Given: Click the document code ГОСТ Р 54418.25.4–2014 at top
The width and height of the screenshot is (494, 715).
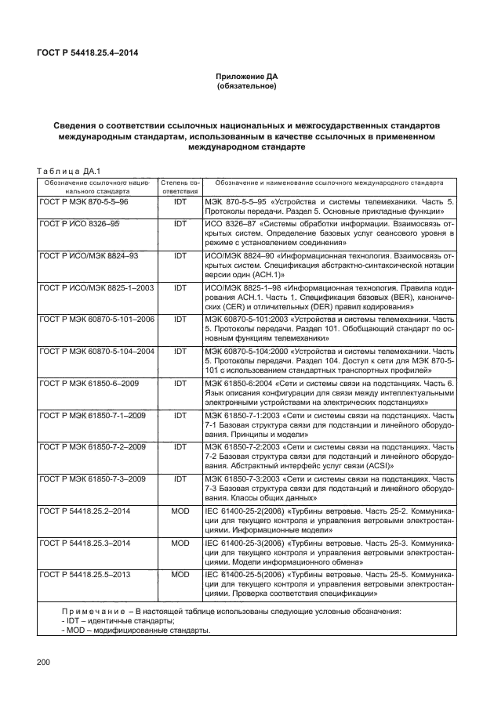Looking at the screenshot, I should point(93,52).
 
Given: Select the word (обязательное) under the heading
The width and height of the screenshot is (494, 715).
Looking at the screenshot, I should point(247,86).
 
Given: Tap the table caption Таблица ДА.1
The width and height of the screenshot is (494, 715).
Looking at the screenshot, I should point(65,172).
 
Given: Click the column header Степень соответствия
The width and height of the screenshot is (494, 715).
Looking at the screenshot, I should point(180,186).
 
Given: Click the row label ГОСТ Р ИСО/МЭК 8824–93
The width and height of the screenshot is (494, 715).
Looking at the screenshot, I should point(89,255).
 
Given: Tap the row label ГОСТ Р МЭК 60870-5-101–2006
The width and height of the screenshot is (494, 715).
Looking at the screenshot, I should point(96,320).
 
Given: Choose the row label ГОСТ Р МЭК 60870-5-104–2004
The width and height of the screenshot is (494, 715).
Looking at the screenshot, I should point(96,352).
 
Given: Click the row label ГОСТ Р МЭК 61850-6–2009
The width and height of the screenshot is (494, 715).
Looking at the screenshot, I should point(89,384).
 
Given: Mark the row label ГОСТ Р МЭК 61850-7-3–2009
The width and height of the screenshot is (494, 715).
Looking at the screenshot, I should point(93,478).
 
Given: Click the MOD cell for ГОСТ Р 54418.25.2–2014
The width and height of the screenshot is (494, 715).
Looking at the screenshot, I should point(180,511).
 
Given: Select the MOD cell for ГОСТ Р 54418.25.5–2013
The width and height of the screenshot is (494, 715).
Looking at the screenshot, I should point(180,574).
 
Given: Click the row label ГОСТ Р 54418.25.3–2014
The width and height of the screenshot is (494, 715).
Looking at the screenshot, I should point(85,542).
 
